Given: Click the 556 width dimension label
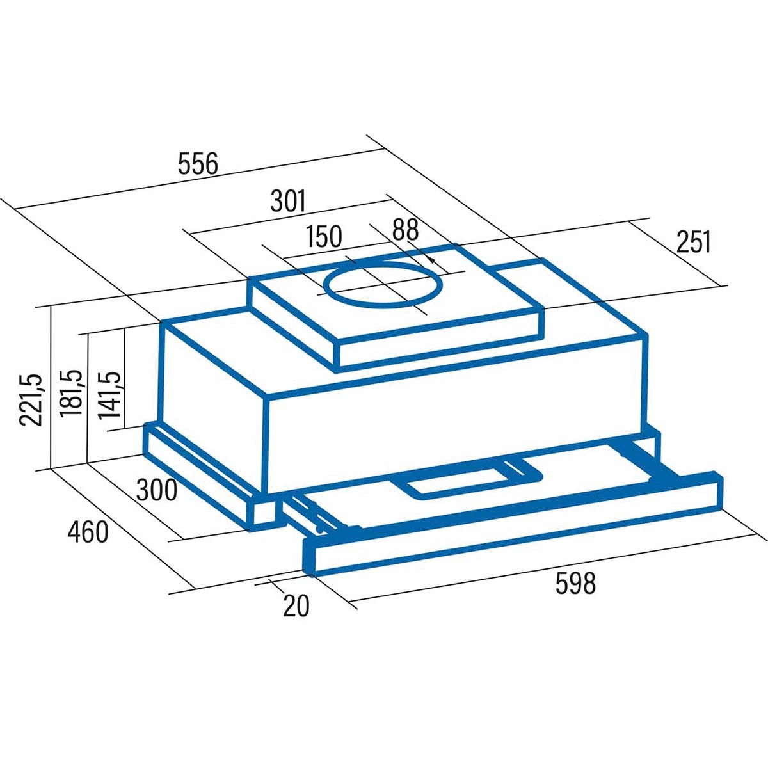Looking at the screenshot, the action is tap(198, 163).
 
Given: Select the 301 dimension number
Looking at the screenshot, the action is tap(288, 200).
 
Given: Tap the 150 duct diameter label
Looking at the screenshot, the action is tap(324, 236).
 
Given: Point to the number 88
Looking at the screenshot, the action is tap(405, 230).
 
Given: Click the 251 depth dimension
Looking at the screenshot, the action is tap(694, 241).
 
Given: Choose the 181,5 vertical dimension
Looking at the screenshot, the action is tap(71, 394).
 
